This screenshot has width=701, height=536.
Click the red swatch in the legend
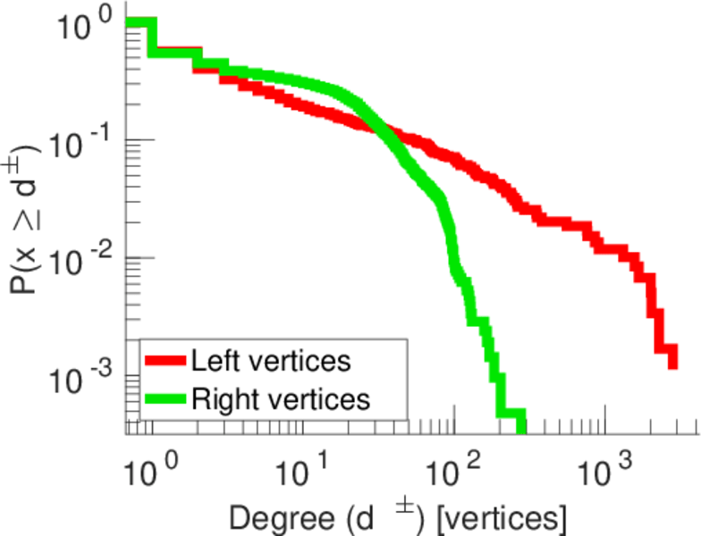pos(165,362)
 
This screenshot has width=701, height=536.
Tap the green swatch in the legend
pos(165,398)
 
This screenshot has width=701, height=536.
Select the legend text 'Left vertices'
pos(271,362)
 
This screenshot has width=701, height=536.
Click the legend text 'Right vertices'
pos(280,398)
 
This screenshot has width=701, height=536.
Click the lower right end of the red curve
pos(672,364)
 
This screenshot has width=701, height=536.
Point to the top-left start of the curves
pos(130,23)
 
